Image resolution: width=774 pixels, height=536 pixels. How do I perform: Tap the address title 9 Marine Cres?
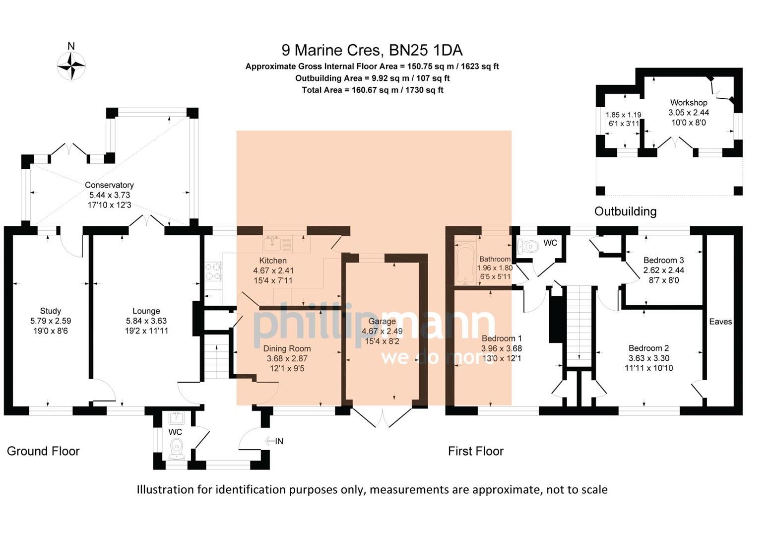click(x=372, y=50)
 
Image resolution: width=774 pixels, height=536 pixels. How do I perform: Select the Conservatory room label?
click(x=109, y=185)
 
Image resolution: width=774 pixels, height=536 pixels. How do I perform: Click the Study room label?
click(x=50, y=311)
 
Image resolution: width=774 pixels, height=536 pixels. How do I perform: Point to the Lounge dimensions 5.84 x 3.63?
click(x=146, y=321)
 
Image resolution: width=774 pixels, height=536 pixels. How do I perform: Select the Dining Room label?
click(x=287, y=348)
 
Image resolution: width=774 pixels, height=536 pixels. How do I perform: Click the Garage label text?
click(x=382, y=322)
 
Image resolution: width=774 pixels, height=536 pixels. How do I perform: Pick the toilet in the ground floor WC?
click(x=176, y=449)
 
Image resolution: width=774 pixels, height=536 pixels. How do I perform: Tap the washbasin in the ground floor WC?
click(x=176, y=417)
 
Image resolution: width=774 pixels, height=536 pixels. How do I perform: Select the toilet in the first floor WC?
click(x=528, y=246)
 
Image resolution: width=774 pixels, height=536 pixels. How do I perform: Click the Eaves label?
click(x=720, y=322)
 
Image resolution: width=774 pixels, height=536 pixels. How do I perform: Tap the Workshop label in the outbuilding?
click(x=689, y=103)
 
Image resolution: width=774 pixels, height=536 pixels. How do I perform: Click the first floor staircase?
click(x=580, y=323)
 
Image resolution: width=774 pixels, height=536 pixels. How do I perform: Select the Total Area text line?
click(x=372, y=90)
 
